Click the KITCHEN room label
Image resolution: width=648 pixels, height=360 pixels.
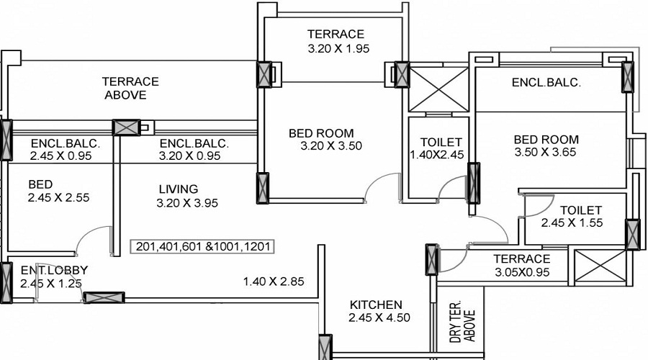(x=376, y=305)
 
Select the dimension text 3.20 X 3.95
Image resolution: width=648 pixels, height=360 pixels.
(x=186, y=203)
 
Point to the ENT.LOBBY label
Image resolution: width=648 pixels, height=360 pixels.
(x=54, y=271)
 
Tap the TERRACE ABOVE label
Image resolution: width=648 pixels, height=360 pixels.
(x=130, y=88)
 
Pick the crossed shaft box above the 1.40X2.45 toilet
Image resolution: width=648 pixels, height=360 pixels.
(x=438, y=88)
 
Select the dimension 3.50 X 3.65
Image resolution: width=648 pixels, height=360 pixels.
(x=545, y=153)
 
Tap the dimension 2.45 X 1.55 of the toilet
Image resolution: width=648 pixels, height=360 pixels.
(x=571, y=223)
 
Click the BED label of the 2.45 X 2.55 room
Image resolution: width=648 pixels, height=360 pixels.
(x=41, y=184)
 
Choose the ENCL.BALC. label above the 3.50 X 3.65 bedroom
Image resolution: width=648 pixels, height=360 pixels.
(x=546, y=83)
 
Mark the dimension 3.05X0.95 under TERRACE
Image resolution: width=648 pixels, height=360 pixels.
(x=522, y=272)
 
